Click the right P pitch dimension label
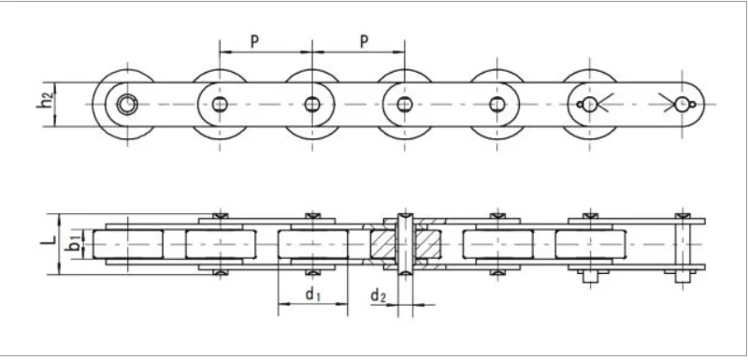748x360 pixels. pyautogui.click(x=364, y=40)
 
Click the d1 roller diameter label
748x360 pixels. pyautogui.click(x=312, y=296)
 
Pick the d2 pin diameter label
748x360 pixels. pyautogui.click(x=378, y=296)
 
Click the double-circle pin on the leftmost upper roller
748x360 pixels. pyautogui.click(x=125, y=104)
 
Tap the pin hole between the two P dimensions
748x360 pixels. pyautogui.click(x=311, y=104)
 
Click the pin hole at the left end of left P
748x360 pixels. pyautogui.click(x=220, y=104)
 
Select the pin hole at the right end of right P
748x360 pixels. pyautogui.click(x=404, y=104)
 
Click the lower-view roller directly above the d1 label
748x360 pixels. pyautogui.click(x=312, y=245)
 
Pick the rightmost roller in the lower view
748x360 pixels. pyautogui.click(x=589, y=245)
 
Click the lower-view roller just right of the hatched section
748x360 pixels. pyautogui.click(x=496, y=245)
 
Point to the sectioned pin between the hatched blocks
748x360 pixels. pyautogui.click(x=403, y=245)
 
